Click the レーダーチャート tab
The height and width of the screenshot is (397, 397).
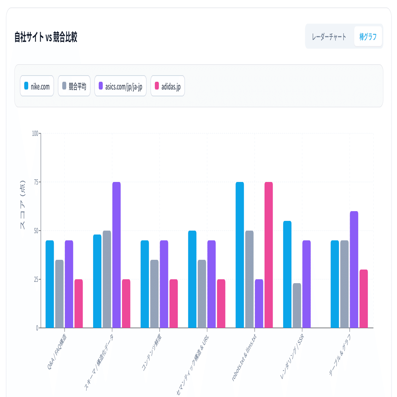pos(329,37)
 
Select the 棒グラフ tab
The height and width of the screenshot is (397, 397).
pos(368,37)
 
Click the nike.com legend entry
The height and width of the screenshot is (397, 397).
pos(37,86)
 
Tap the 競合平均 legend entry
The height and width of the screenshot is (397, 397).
pos(74,86)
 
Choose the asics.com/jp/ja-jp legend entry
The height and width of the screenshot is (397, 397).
pos(120,86)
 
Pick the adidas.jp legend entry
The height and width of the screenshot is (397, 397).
pos(168,86)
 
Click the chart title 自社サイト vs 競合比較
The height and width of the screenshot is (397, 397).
pos(46,37)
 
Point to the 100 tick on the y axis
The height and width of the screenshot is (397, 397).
pos(35,133)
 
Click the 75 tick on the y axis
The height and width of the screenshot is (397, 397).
pos(36,182)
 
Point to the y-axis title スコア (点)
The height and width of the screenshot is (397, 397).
pos(23,205)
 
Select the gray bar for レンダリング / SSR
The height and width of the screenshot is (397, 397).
pos(297,306)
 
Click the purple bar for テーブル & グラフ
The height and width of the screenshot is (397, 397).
pos(354,269)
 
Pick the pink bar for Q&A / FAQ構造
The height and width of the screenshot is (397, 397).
pos(78,303)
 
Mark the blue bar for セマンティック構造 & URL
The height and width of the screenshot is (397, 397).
pos(192,279)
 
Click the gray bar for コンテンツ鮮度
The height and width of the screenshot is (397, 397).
pos(154,294)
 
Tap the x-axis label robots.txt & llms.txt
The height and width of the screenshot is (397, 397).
pos(244,357)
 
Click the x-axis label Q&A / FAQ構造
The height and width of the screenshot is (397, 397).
pos(57,352)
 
